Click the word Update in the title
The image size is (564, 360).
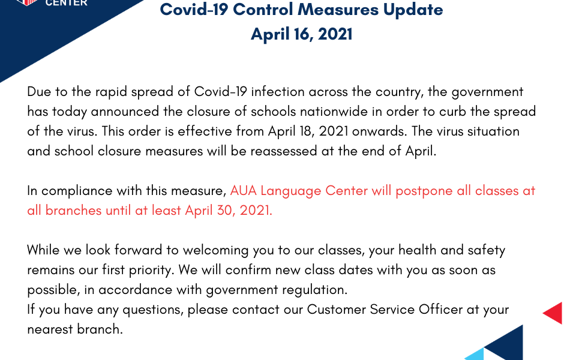(x=413, y=10)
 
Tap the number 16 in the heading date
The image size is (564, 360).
(x=303, y=34)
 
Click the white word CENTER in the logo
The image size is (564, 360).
(x=67, y=3)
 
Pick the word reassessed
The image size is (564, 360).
(x=283, y=151)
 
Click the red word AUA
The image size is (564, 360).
(x=243, y=191)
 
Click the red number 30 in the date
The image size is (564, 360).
(x=226, y=211)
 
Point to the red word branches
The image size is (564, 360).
(x=73, y=211)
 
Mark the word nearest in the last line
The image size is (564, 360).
(x=49, y=329)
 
